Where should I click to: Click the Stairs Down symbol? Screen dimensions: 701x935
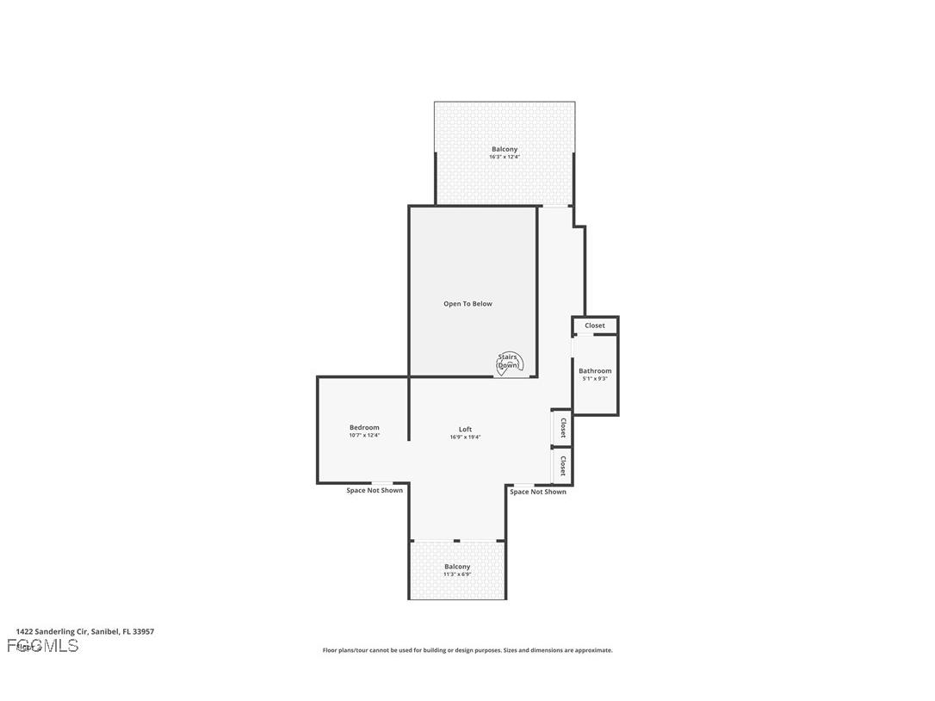[508, 363]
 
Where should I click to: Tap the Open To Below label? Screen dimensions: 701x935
[467, 304]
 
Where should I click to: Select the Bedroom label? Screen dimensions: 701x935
[364, 428]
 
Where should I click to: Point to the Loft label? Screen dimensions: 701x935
[465, 430]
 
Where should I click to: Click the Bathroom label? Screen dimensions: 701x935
[595, 371]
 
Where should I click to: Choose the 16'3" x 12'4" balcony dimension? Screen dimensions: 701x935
[505, 157]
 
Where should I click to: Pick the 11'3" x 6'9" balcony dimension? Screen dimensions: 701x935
[457, 574]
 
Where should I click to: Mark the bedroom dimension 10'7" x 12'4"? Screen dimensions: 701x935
[364, 436]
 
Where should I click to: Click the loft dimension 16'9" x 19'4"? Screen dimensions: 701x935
[465, 437]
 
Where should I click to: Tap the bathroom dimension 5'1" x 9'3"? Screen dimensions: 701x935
[595, 379]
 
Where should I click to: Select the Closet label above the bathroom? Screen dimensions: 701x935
[595, 326]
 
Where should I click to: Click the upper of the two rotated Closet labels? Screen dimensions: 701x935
[562, 428]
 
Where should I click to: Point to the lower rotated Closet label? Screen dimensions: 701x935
[562, 467]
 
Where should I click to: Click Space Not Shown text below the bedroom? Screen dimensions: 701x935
[375, 491]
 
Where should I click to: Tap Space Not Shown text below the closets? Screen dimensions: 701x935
[538, 493]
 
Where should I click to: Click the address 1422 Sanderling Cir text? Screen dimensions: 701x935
[84, 631]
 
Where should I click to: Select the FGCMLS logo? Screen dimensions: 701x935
[43, 646]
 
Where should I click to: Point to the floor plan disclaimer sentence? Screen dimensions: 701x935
[467, 650]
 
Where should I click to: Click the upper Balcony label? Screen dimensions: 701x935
[505, 149]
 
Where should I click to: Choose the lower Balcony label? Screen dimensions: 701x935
[457, 567]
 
